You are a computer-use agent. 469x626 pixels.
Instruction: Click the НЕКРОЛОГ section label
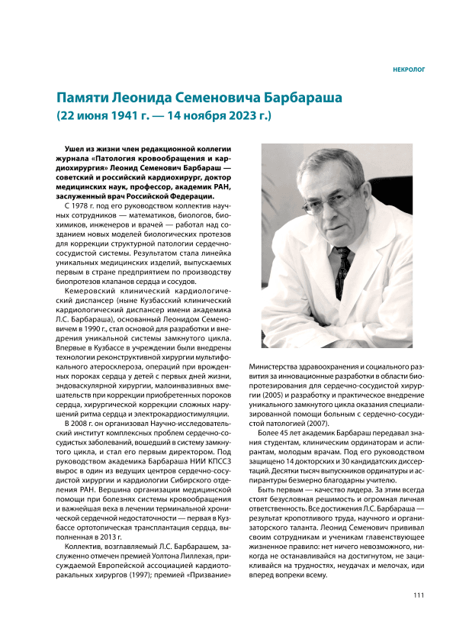click(x=408, y=69)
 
